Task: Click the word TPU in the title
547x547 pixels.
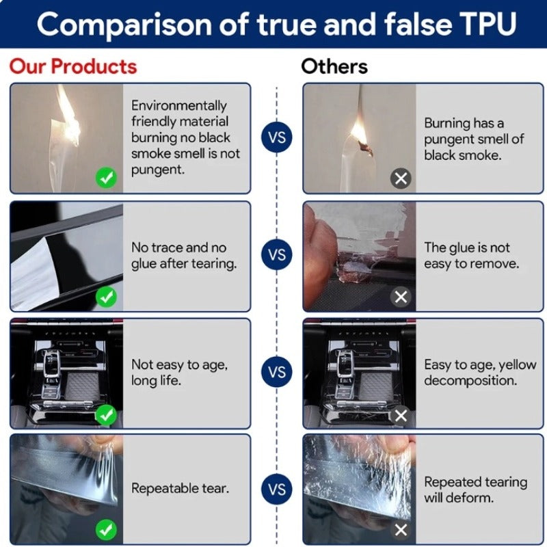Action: click(x=485, y=24)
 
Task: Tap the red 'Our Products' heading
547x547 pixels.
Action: click(x=73, y=66)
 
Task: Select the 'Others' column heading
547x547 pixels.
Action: click(x=334, y=66)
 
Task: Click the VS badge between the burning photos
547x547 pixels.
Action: click(x=277, y=137)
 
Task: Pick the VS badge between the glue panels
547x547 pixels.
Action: click(x=277, y=254)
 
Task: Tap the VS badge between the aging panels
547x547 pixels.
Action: click(x=277, y=372)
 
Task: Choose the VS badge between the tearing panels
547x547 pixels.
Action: click(x=277, y=489)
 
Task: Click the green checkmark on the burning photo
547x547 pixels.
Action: click(x=107, y=178)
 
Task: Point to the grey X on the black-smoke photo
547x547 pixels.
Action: click(x=401, y=178)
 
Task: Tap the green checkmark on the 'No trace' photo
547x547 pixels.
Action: click(x=107, y=297)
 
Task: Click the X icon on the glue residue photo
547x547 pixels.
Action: click(x=401, y=297)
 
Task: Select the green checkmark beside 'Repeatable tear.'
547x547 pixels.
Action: click(x=107, y=530)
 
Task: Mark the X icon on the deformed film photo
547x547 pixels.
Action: click(x=401, y=530)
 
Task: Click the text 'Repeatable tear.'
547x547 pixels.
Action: click(x=180, y=488)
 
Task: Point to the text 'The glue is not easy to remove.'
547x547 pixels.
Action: click(x=471, y=255)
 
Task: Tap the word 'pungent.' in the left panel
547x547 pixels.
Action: click(x=158, y=170)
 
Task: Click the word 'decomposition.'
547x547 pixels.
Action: click(x=470, y=380)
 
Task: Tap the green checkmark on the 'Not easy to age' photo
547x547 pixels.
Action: click(x=107, y=415)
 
